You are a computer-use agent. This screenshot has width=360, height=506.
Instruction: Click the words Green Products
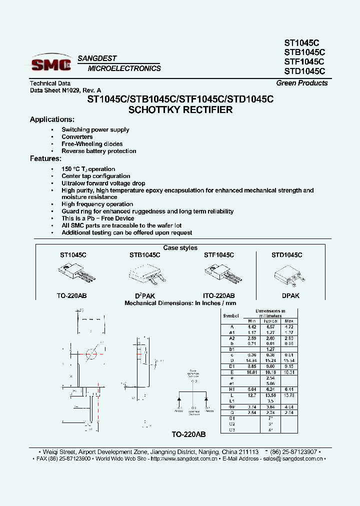[302, 83]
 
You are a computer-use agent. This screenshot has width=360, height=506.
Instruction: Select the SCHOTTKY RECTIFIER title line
[180, 109]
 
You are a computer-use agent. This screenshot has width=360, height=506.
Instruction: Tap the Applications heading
[52, 119]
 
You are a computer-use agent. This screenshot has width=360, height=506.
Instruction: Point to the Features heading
[45, 158]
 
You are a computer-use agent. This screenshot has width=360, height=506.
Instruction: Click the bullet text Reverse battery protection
[99, 151]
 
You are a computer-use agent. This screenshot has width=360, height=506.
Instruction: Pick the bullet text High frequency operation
[97, 204]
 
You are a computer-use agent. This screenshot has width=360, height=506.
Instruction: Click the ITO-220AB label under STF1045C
[219, 295]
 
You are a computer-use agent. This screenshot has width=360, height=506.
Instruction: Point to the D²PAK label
[145, 295]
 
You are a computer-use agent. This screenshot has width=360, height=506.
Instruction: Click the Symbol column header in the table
[231, 315]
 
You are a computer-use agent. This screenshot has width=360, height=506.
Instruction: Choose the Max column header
[288, 320]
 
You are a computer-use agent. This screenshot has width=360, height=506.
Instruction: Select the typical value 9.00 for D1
[270, 366]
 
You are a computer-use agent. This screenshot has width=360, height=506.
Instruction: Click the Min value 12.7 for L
[252, 395]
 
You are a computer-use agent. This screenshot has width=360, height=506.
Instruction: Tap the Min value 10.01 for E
[251, 371]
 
